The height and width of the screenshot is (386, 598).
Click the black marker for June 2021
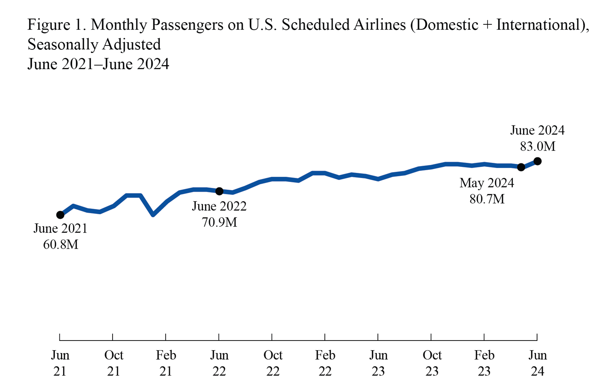[60, 215]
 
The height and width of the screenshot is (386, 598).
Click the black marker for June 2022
[219, 191]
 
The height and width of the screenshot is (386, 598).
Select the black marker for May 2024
[521, 167]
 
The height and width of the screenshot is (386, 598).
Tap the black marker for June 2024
[537, 161]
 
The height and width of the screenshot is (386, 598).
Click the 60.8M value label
[61, 245]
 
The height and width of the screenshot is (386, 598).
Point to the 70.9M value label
[219, 223]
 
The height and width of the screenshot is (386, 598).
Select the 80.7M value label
[487, 199]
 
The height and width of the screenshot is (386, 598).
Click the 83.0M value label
[537, 147]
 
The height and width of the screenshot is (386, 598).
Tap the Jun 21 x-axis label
[60, 363]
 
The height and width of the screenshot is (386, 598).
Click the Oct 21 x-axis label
[113, 363]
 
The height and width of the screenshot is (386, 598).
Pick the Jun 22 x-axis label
[219, 363]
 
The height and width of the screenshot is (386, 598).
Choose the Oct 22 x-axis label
[273, 363]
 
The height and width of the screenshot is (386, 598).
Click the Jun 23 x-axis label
[378, 363]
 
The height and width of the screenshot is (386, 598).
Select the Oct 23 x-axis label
[432, 363]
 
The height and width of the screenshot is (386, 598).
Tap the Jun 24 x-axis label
[537, 363]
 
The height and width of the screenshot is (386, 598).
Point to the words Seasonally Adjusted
[94, 45]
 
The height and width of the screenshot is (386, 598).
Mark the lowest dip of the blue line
[153, 215]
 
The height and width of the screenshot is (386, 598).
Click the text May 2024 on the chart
[487, 183]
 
